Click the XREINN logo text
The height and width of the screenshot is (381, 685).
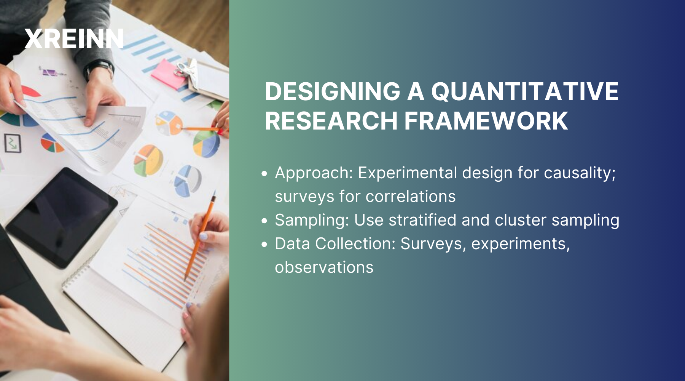click(x=74, y=38)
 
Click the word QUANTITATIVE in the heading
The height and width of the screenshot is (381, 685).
click(x=524, y=91)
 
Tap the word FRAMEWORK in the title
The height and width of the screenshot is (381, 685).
click(x=486, y=121)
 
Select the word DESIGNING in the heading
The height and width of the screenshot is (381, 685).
click(x=333, y=91)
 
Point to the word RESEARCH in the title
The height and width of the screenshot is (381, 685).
click(x=331, y=121)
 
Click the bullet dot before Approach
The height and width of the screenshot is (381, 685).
click(x=265, y=174)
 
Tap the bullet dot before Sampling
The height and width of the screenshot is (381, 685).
click(x=265, y=221)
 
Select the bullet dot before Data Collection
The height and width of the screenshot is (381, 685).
click(x=265, y=245)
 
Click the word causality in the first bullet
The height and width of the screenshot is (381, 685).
click(x=580, y=173)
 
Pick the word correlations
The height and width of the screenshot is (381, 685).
click(x=411, y=197)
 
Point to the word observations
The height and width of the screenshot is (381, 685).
click(x=324, y=267)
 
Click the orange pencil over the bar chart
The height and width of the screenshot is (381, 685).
click(x=200, y=236)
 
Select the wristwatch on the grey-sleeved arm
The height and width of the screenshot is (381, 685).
click(x=100, y=69)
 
